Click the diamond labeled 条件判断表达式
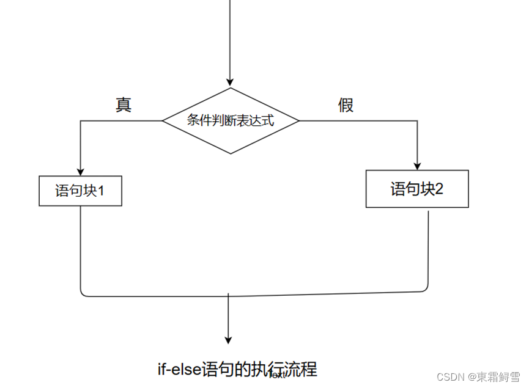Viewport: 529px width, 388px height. tap(231, 120)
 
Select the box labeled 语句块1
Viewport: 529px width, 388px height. tap(80, 191)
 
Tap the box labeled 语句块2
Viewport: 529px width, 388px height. tap(417, 189)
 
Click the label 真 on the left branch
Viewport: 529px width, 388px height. tap(124, 105)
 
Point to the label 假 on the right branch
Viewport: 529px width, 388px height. tap(346, 105)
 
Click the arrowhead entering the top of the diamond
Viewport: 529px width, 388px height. tap(231, 83)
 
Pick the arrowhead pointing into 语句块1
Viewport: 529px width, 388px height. tap(80, 172)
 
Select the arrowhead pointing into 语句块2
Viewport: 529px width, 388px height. tap(417, 166)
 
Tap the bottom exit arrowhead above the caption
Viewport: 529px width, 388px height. tap(229, 340)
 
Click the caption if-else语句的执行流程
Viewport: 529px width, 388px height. tap(237, 370)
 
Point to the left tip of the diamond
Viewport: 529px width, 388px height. tap(163, 120)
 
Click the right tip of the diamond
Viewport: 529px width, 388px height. tap(298, 120)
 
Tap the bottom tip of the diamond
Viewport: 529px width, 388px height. tap(231, 153)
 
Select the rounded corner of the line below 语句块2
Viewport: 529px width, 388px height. tap(426, 289)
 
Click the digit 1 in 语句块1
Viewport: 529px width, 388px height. tap(101, 191)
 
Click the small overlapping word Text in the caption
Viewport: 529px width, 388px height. tap(277, 375)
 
